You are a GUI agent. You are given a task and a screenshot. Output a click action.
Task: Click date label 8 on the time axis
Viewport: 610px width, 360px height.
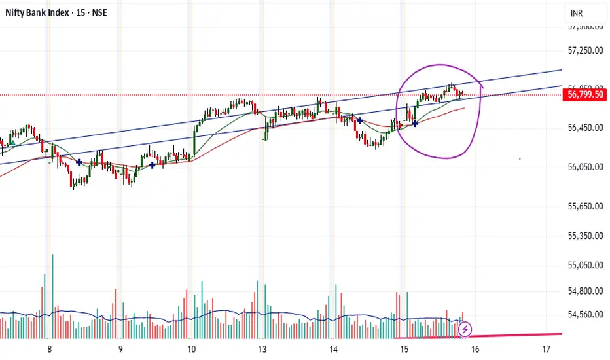point(49,349)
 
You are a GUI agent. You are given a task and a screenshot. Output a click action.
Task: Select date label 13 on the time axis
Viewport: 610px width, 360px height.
point(262,349)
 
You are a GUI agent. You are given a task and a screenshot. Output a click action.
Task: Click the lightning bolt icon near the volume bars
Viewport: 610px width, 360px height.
point(465,329)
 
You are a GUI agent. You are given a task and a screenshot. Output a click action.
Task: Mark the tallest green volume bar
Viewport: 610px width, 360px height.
point(52,295)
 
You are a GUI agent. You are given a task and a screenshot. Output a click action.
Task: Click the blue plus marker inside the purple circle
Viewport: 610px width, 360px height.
point(415,124)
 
